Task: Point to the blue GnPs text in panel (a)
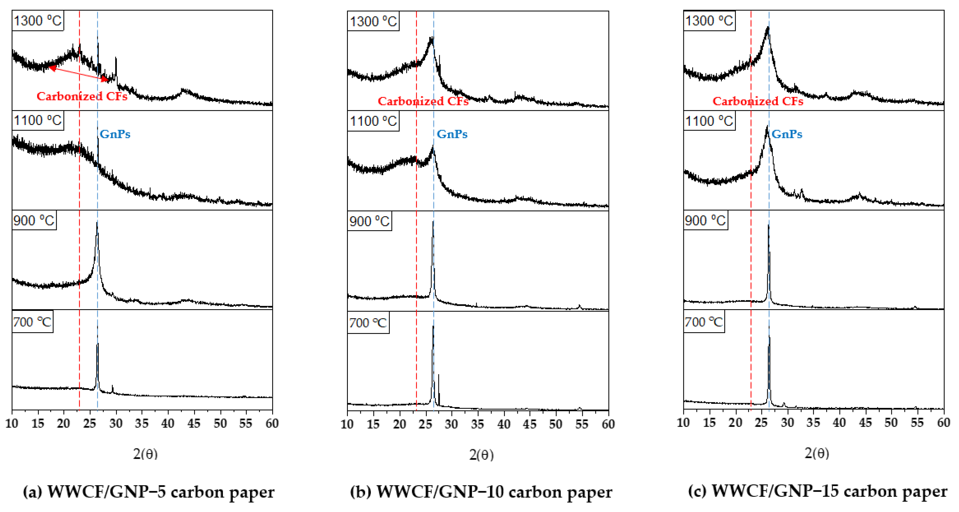115,134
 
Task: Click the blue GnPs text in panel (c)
787,134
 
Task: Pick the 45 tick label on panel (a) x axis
194,423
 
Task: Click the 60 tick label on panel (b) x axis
608,424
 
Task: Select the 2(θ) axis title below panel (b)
481,455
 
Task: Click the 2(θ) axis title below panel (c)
817,453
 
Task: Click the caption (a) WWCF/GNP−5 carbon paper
149,492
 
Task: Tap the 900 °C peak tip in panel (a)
97,223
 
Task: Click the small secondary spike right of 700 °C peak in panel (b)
438,375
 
